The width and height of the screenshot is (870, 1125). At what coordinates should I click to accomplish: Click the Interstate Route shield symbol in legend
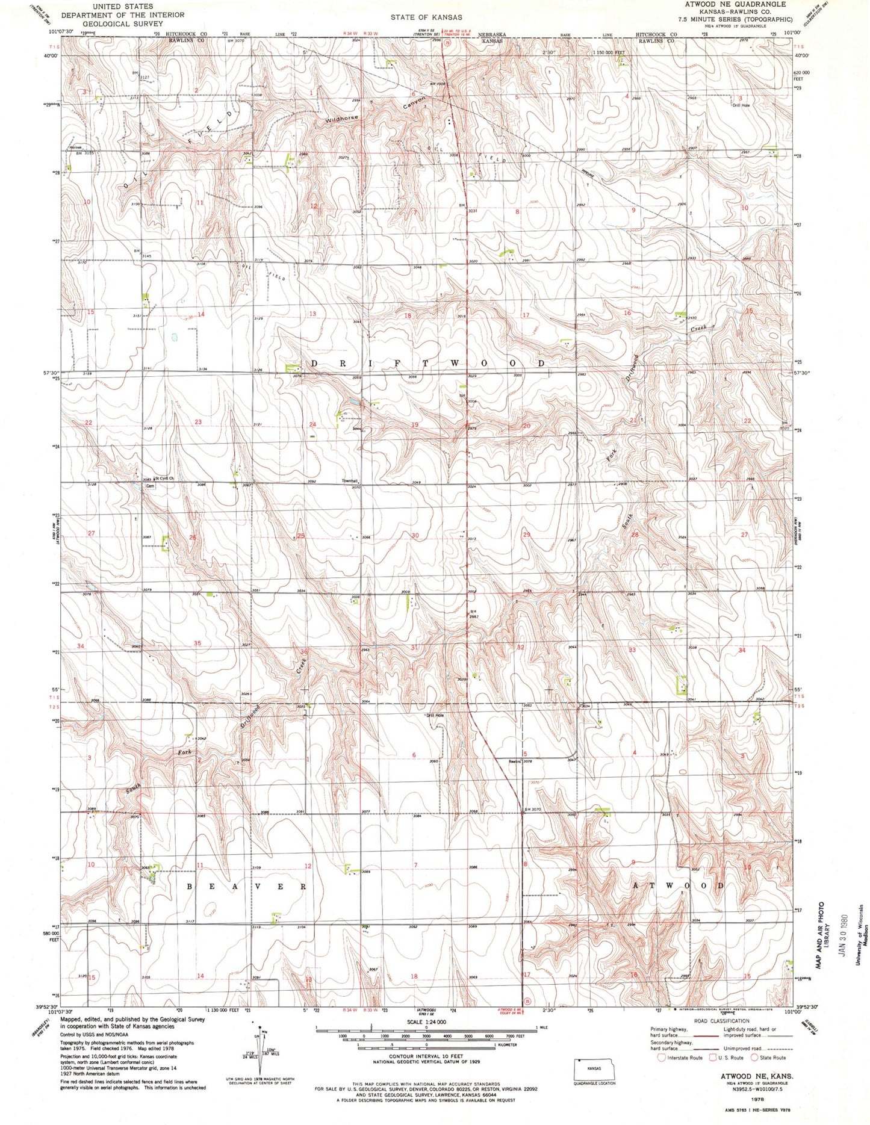pos(662,1058)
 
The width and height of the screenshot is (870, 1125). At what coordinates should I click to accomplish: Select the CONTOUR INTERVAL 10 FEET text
pos(426,1056)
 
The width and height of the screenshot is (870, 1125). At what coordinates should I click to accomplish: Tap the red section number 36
pos(305,651)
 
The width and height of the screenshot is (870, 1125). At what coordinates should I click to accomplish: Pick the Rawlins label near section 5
pos(514,761)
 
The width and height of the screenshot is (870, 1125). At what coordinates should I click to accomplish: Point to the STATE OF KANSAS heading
pos(426,17)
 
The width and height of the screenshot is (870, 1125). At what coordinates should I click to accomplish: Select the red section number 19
pos(414,425)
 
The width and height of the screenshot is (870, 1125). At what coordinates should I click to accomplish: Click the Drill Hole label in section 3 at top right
pos(741,105)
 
